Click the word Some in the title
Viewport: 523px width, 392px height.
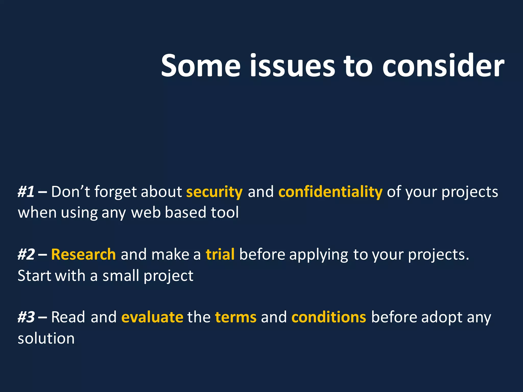[201, 66]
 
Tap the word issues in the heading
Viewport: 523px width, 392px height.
[292, 66]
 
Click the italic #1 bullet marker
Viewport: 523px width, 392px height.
[26, 192]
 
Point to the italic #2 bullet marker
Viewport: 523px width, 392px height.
[26, 254]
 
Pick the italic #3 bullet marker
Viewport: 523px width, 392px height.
[26, 317]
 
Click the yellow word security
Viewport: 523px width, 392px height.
[214, 192]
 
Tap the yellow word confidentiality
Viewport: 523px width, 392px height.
[330, 192]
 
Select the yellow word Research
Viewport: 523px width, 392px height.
[84, 254]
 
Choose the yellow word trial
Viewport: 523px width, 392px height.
[220, 254]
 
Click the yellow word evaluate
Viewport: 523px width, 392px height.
[152, 317]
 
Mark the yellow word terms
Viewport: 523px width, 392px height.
[236, 317]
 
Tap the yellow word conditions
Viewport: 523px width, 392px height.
[329, 317]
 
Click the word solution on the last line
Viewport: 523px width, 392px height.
[46, 338]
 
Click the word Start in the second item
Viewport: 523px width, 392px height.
[34, 276]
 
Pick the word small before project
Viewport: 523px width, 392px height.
[121, 276]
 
